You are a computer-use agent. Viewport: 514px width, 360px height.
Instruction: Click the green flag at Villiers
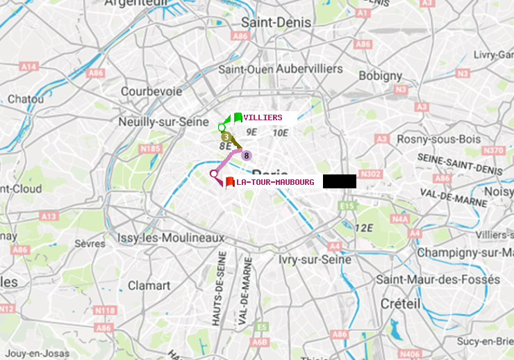tap(237, 117)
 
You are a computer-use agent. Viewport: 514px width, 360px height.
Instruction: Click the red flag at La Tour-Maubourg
tap(229, 182)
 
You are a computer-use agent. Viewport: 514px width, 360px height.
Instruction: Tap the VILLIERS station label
tap(263, 117)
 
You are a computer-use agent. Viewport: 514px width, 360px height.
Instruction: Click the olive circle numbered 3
tap(226, 137)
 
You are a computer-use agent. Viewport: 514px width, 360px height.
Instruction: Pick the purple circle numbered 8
tap(246, 156)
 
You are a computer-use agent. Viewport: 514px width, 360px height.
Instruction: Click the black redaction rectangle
tap(339, 181)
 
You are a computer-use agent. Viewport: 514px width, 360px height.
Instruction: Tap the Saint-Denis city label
tap(276, 22)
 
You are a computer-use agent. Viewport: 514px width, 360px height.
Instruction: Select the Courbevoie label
tap(151, 91)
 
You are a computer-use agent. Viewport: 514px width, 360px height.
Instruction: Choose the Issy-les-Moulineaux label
tap(171, 238)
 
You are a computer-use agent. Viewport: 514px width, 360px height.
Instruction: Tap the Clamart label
tap(149, 285)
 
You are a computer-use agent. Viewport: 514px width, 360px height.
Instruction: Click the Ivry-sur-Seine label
tap(314, 259)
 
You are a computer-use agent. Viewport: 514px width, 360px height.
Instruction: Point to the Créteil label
tap(400, 304)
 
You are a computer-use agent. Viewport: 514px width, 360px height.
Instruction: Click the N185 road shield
tap(150, 148)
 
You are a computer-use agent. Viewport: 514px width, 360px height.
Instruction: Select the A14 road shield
tap(28, 66)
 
